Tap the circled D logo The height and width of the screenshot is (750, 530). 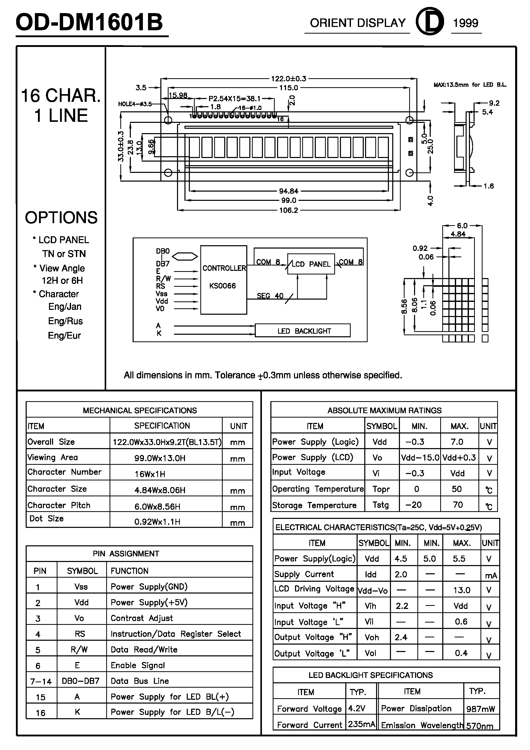tap(430, 21)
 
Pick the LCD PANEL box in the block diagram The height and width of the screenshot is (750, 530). tap(311, 264)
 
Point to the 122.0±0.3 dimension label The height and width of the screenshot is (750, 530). tap(289, 79)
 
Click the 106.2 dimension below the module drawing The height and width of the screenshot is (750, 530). tap(289, 210)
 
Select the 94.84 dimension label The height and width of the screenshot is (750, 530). tap(289, 191)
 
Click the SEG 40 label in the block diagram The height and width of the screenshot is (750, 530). tap(270, 296)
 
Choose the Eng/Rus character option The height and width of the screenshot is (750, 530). tap(65, 321)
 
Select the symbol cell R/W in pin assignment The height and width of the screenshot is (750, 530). tap(79, 650)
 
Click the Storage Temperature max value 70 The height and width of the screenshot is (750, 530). tap(458, 505)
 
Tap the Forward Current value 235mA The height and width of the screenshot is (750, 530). tap(361, 724)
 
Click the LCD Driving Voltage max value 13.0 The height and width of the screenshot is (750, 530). tap(462, 590)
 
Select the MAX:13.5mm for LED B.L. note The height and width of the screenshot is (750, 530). tap(469, 85)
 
